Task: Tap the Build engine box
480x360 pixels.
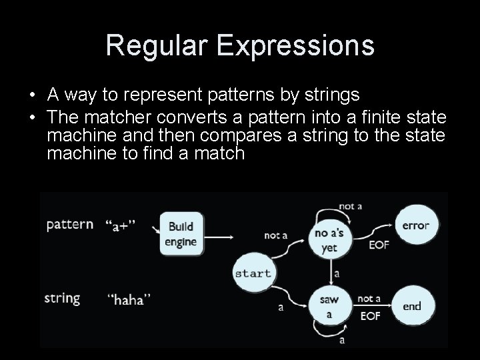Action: pyautogui.click(x=181, y=233)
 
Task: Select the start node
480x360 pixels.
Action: pyautogui.click(x=253, y=273)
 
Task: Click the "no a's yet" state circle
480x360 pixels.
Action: pyautogui.click(x=329, y=239)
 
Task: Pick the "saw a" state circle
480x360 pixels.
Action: pyautogui.click(x=329, y=307)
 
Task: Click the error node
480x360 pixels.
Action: pyautogui.click(x=416, y=225)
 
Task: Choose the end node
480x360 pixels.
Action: pyautogui.click(x=412, y=306)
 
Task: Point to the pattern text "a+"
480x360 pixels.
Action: pyautogui.click(x=121, y=225)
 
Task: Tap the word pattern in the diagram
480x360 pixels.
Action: pyautogui.click(x=69, y=224)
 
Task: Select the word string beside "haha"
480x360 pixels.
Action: pyautogui.click(x=62, y=298)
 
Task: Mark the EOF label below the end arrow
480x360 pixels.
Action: pyautogui.click(x=369, y=315)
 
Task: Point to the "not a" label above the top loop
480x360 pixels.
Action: pyautogui.click(x=350, y=206)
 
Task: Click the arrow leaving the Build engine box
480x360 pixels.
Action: pyautogui.click(x=217, y=236)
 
